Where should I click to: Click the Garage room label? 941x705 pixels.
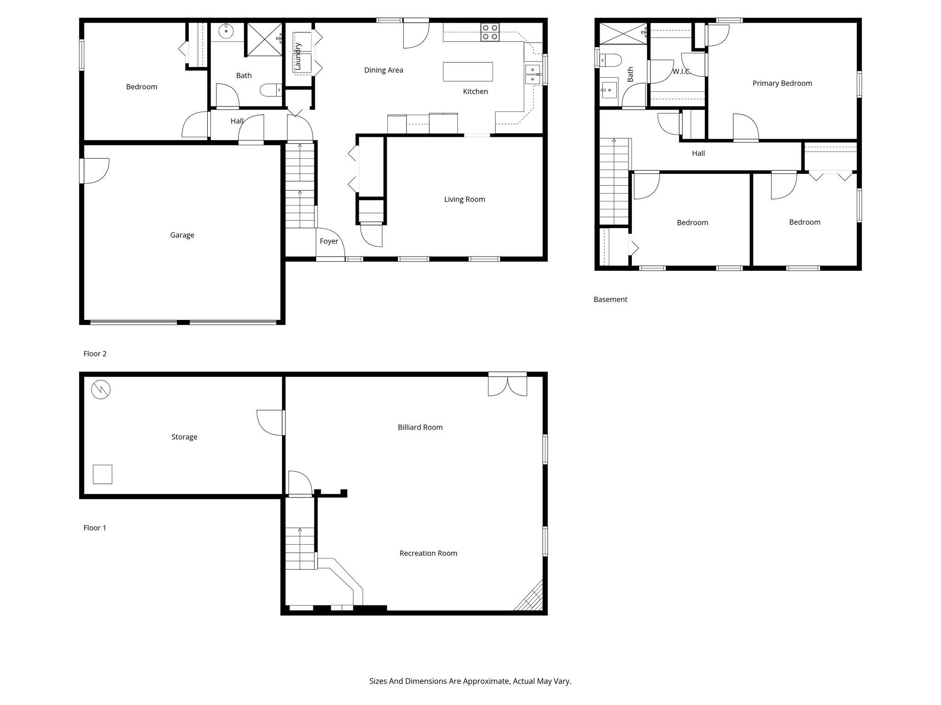[x=182, y=235]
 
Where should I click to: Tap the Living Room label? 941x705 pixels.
[x=465, y=199]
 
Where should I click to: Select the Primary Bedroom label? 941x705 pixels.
[x=782, y=83]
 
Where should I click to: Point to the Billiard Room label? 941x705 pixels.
[x=420, y=427]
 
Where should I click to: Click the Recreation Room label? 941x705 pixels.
[x=428, y=553]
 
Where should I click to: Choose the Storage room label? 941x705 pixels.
[x=184, y=437]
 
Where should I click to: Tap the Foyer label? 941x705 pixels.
[x=329, y=241]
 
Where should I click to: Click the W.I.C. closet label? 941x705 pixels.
[x=681, y=72]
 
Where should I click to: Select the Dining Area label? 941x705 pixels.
[x=384, y=70]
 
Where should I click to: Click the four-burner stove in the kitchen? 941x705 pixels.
[x=490, y=32]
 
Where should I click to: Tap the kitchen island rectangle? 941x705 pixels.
[x=468, y=72]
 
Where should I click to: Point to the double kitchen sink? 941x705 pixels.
[x=533, y=74]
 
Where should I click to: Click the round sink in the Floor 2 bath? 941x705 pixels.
[x=226, y=31]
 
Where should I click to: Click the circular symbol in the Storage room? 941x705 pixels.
[x=101, y=390]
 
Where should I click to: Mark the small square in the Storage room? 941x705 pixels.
[x=102, y=474]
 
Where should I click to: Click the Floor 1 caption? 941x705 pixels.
[x=95, y=528]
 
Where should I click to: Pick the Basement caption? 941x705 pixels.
[x=610, y=299]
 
